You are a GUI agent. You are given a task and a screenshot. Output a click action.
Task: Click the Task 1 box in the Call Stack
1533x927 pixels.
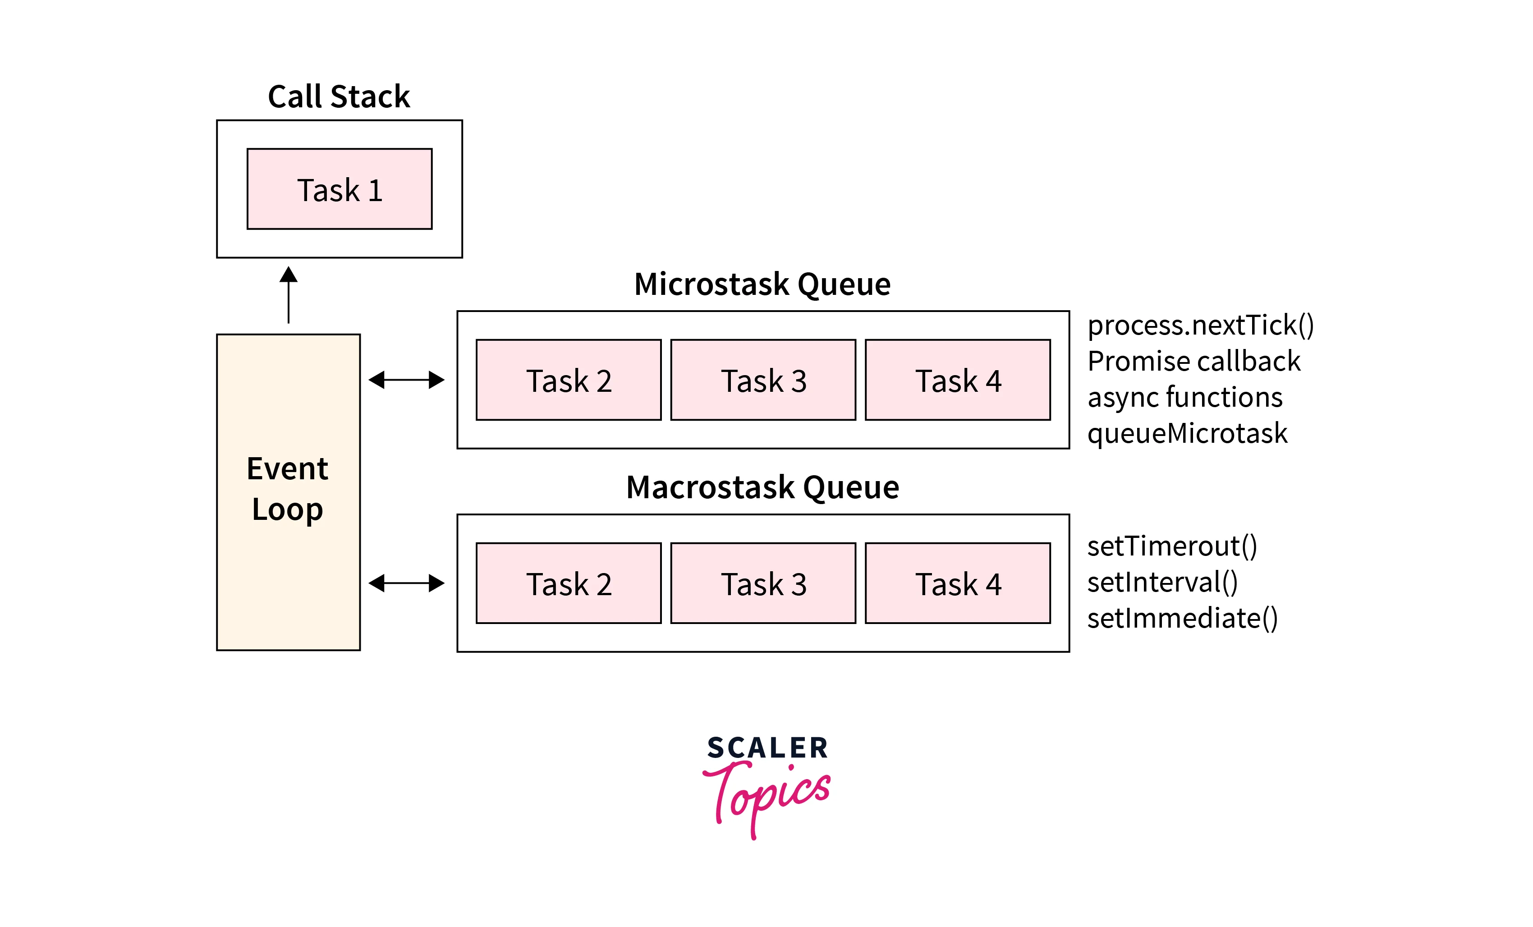[x=339, y=189]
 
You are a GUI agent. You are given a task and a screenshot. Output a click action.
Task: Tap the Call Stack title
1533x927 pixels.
[x=339, y=97]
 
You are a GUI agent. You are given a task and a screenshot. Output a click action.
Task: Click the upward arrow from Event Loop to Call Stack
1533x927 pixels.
[x=288, y=295]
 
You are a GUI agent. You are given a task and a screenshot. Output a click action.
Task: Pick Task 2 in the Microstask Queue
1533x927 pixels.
[x=568, y=380]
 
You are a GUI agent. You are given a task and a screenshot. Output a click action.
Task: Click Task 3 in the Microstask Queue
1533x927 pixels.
[x=763, y=380]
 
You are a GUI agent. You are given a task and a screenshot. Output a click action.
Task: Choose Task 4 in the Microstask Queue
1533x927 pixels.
[x=958, y=380]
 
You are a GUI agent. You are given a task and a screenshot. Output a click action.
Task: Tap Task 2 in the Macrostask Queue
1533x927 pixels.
[x=568, y=583]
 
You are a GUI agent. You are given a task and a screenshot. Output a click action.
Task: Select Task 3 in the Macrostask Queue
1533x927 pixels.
[x=763, y=583]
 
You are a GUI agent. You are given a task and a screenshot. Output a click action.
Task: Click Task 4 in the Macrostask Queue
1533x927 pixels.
[x=958, y=583]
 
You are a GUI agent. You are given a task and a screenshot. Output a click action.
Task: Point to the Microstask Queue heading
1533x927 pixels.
[x=762, y=285]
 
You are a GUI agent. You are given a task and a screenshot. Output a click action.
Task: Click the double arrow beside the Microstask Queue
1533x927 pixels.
[x=406, y=380]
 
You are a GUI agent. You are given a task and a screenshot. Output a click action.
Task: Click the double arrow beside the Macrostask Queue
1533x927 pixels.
[x=406, y=583]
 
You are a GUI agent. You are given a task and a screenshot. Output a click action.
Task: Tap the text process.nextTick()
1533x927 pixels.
[x=1200, y=326]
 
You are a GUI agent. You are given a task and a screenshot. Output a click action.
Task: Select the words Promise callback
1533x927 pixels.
[x=1193, y=362]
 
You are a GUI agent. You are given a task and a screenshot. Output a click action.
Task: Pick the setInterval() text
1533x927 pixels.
[x=1162, y=583]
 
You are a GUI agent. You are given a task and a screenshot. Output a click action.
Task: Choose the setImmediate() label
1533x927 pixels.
[x=1182, y=619]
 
